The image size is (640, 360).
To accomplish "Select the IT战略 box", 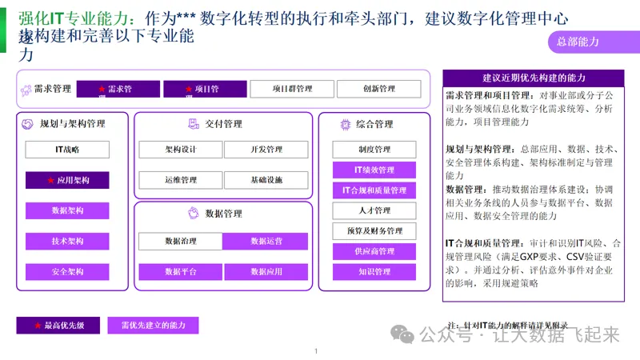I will point(67,150).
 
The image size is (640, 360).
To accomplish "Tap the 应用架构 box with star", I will point(67,181).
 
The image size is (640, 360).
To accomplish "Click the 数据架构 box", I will point(67,210).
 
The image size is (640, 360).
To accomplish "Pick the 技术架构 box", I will point(67,241).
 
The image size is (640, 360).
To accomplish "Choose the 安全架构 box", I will point(67,271).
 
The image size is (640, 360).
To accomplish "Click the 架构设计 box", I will point(180,150).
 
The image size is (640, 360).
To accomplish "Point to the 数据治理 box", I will point(180,241).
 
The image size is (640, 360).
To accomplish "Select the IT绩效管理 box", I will point(374,170).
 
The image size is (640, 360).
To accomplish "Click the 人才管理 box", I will point(374,210).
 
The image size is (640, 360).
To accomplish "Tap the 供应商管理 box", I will point(374,251).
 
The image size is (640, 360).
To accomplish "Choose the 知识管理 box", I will point(374,272).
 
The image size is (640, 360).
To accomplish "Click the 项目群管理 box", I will point(291,89).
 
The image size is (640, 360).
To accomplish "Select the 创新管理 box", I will point(378,89).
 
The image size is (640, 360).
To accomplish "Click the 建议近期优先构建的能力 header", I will point(534,78).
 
